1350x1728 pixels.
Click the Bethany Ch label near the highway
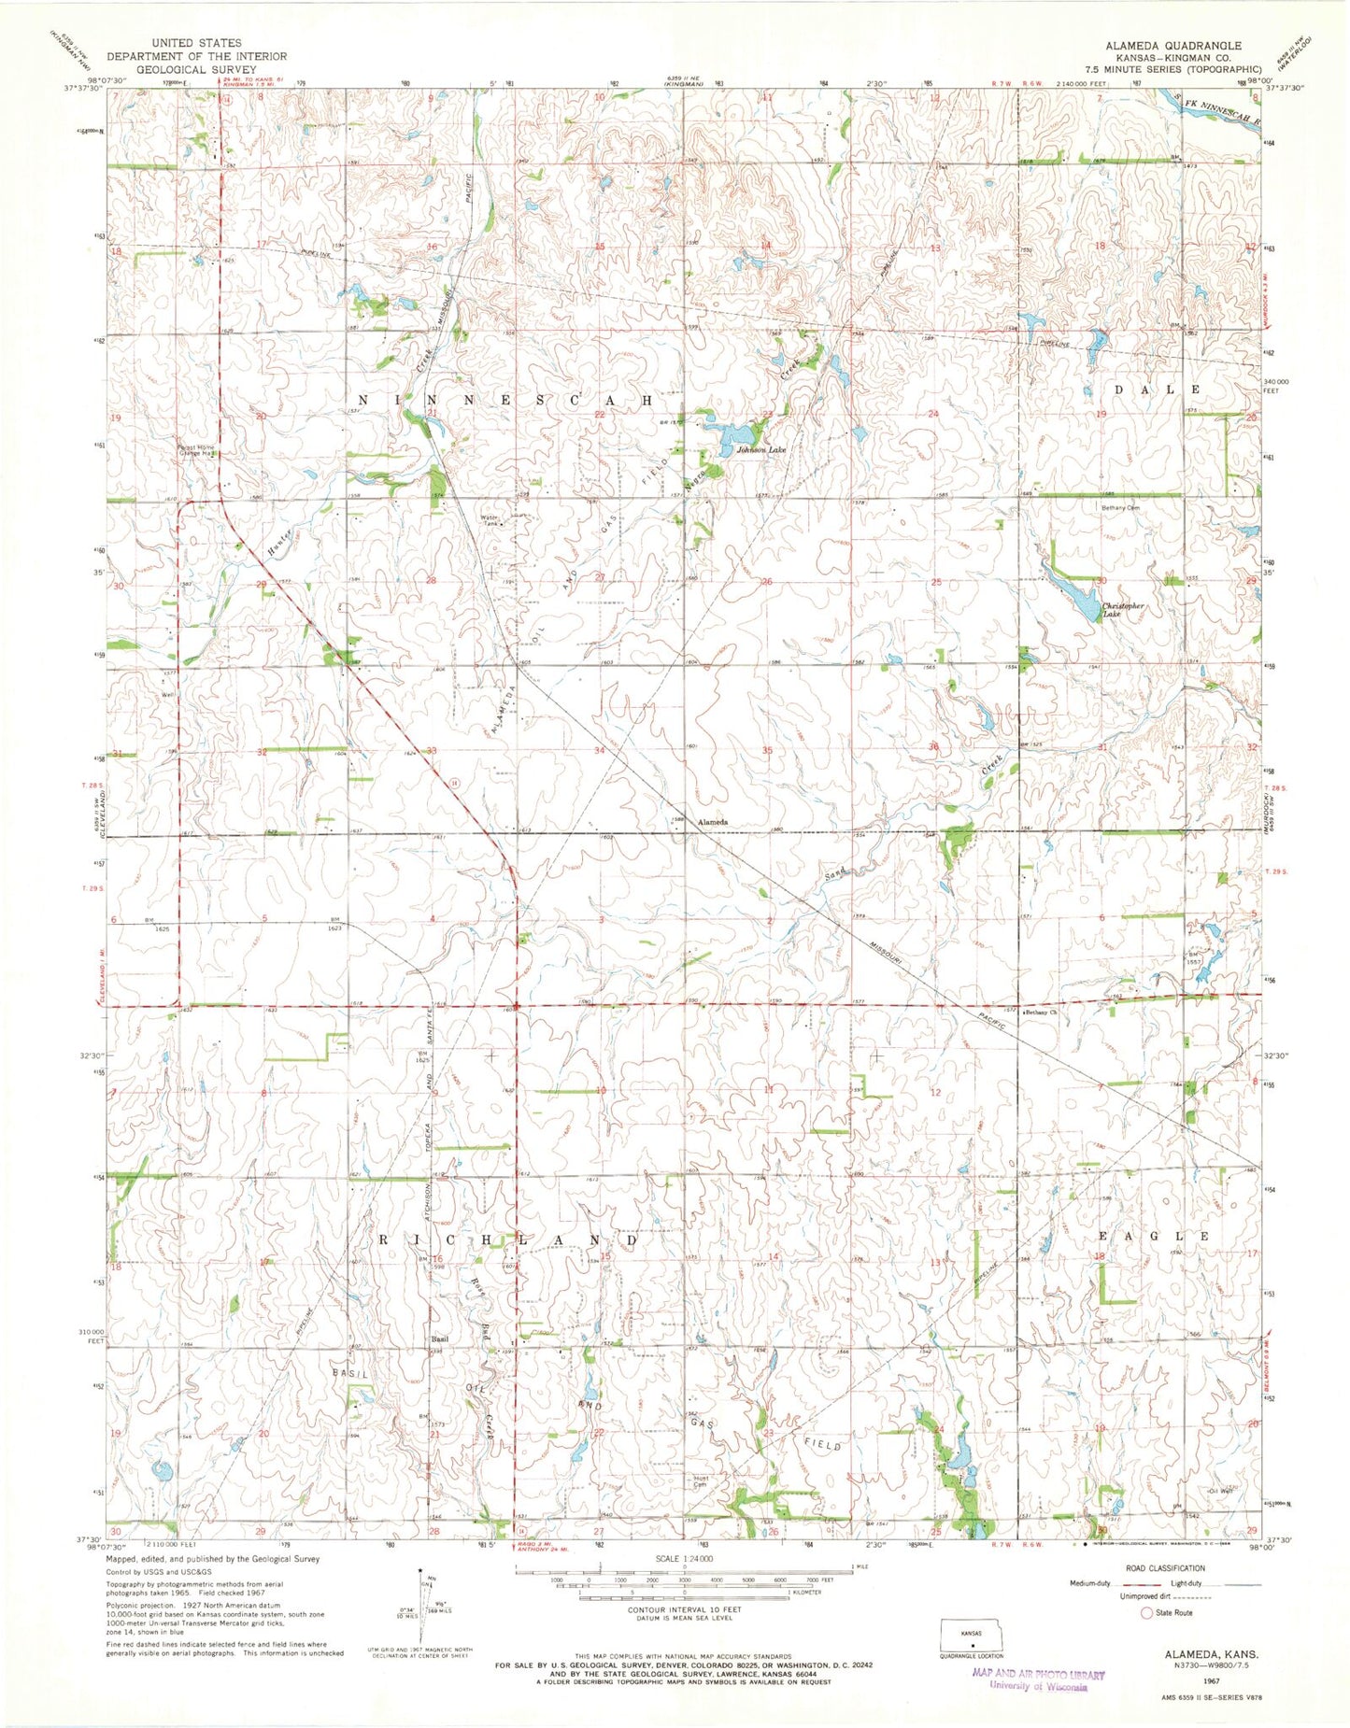[x=1041, y=1013]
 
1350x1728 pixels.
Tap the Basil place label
[x=439, y=1339]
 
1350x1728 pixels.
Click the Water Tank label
[x=491, y=519]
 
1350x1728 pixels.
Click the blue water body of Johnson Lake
[x=730, y=435]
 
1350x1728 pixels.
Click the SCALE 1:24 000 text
[x=685, y=1559]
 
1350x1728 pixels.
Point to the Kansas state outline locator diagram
[x=973, y=1636]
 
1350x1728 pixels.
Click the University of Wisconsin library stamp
[x=1037, y=1680]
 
